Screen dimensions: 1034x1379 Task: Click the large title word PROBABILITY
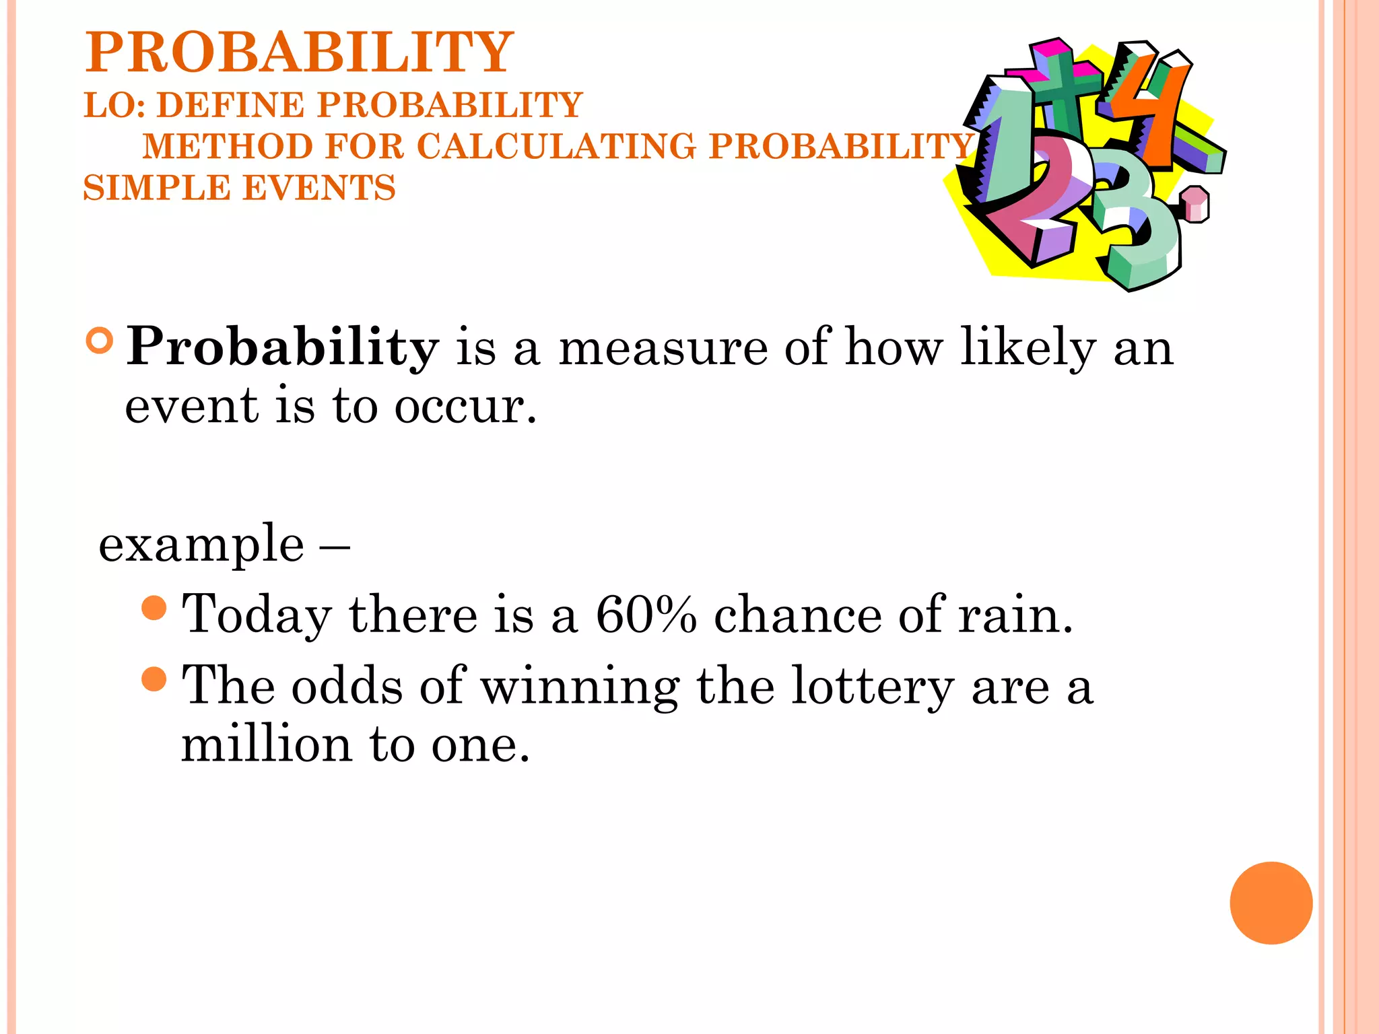point(299,53)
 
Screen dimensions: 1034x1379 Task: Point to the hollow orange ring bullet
point(100,341)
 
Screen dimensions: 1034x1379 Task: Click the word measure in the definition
point(663,348)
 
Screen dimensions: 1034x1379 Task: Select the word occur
point(465,407)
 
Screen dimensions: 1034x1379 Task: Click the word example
point(201,544)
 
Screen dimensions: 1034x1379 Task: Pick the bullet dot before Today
point(154,608)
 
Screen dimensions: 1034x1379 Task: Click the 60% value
point(646,615)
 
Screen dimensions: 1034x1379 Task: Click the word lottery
point(872,687)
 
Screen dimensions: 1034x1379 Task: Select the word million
point(267,745)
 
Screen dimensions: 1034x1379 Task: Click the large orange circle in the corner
point(1271,903)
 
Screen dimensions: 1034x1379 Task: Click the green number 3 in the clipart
point(1138,222)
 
